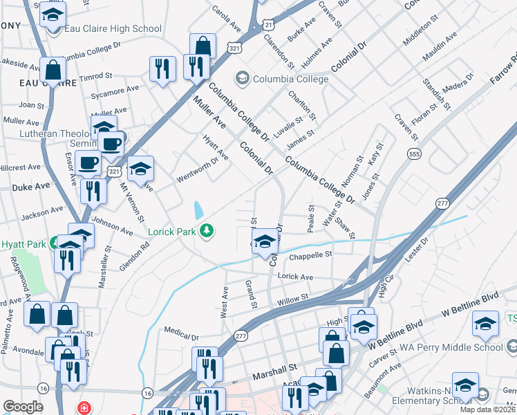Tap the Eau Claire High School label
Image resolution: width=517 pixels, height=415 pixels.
click(x=113, y=29)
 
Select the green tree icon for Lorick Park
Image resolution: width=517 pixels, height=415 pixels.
click(x=205, y=230)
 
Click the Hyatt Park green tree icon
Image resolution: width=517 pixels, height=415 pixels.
click(x=61, y=244)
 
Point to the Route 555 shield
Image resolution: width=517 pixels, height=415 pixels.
click(x=414, y=153)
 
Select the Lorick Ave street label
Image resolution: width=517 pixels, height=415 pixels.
click(x=295, y=277)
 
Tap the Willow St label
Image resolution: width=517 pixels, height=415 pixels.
click(x=292, y=302)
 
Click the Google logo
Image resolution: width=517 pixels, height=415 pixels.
click(x=23, y=406)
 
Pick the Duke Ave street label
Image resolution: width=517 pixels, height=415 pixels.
click(x=31, y=187)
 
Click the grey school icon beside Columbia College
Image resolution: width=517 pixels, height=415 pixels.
click(x=242, y=78)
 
